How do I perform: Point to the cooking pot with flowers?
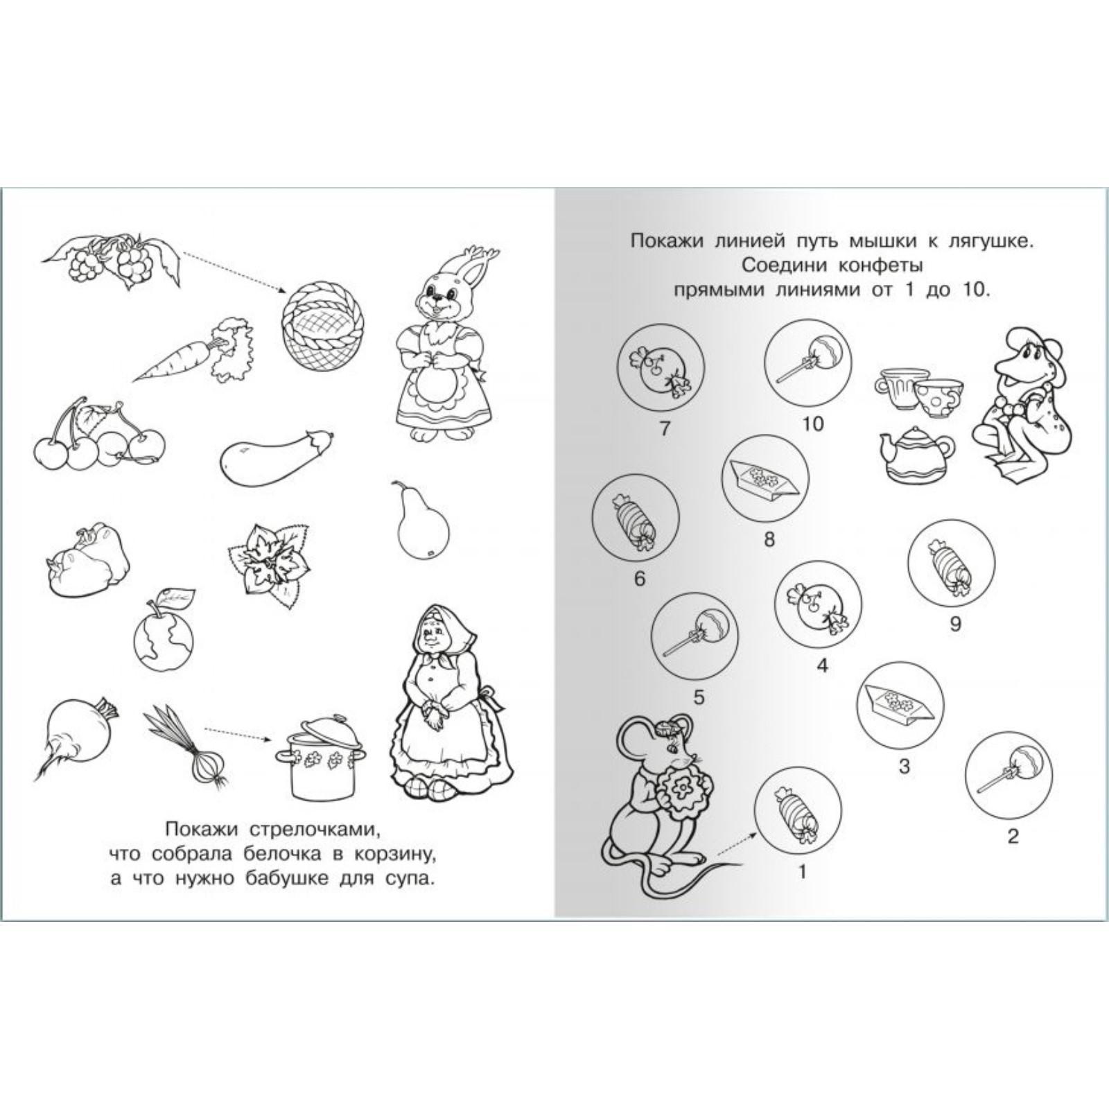[322, 760]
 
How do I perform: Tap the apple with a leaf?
[164, 630]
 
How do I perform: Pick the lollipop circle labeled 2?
[1009, 769]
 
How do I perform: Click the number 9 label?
[955, 624]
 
